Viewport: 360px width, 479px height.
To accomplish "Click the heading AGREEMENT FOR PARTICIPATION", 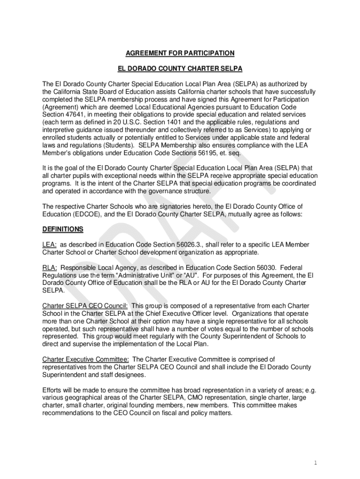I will (180, 53).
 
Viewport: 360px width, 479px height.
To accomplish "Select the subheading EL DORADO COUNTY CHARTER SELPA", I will (180, 69).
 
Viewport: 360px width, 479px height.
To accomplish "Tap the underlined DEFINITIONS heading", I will (63, 229).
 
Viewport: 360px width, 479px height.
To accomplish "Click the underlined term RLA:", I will (50, 268).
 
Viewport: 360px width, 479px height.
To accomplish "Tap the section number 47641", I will (80, 115).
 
